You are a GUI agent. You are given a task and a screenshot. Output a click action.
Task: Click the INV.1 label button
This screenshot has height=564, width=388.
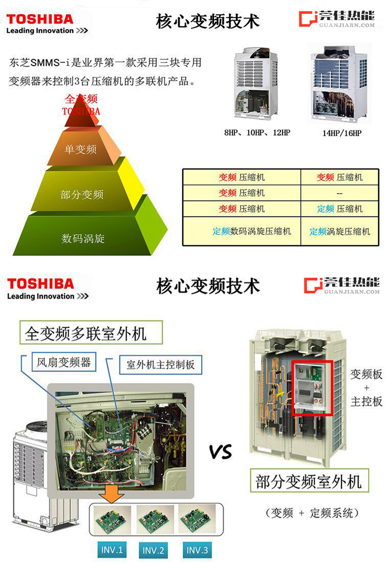coord(112,550)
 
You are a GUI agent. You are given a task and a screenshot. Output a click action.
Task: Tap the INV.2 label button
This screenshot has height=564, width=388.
coord(153,551)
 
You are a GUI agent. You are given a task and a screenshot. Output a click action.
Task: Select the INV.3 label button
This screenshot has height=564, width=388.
coord(197,550)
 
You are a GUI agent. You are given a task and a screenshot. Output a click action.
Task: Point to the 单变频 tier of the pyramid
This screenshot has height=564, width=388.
coord(81,149)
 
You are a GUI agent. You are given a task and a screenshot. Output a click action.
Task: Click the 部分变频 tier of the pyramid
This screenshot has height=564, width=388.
coord(82,194)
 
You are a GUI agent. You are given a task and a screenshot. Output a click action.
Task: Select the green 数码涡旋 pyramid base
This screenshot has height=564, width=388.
coord(83,238)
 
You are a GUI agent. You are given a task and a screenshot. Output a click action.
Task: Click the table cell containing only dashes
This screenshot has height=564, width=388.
coord(339,193)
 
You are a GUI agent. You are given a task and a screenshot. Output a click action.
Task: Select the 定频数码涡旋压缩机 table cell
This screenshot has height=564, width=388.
coord(242,231)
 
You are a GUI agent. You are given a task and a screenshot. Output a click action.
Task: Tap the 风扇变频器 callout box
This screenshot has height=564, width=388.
coord(64,362)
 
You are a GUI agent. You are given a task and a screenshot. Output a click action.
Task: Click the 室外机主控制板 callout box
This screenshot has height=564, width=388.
coord(160,365)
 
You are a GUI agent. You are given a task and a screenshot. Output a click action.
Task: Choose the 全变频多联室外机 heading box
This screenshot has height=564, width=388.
coord(85,334)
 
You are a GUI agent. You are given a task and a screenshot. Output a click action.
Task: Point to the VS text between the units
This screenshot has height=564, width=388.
coord(220,452)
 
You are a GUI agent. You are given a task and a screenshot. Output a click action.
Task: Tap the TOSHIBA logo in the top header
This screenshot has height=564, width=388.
coord(40,20)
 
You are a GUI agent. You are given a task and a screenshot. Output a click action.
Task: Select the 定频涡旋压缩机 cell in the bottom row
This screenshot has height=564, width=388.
coord(339,231)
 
